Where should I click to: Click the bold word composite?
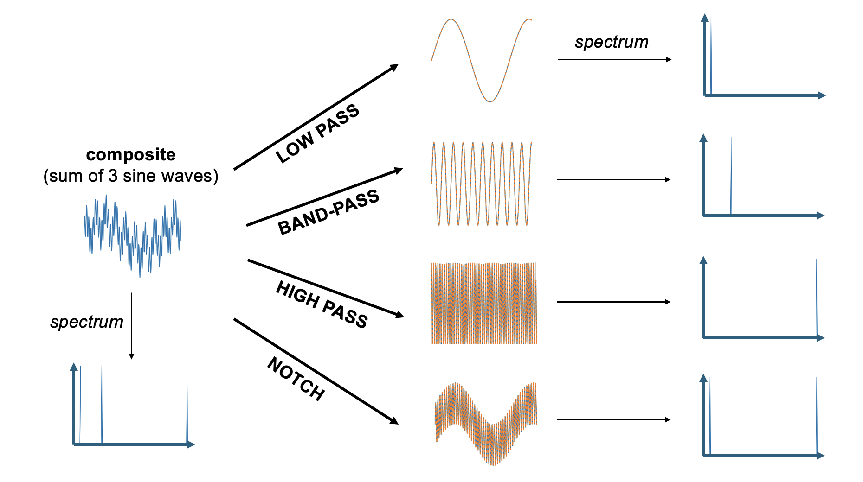pyautogui.click(x=131, y=155)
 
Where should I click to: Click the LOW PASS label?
pyautogui.click(x=317, y=133)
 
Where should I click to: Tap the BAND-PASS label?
pyautogui.click(x=328, y=212)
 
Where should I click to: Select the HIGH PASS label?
pyautogui.click(x=322, y=304)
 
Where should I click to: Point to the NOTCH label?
pyautogui.click(x=296, y=379)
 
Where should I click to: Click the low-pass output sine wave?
pyautogui.click(x=481, y=60)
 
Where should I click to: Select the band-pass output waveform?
pyautogui.click(x=481, y=184)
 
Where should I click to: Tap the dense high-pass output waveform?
pyautogui.click(x=484, y=304)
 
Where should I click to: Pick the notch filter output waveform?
pyautogui.click(x=486, y=423)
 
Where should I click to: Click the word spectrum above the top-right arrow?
pyautogui.click(x=611, y=42)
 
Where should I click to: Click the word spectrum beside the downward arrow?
pyautogui.click(x=87, y=322)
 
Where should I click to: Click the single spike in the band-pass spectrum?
pyautogui.click(x=731, y=176)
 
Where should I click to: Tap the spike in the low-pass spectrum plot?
pyautogui.click(x=711, y=56)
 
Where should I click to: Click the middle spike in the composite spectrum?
pyautogui.click(x=102, y=406)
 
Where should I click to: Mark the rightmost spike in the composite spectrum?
pyautogui.click(x=187, y=406)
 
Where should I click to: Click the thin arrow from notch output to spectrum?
pyautogui.click(x=613, y=419)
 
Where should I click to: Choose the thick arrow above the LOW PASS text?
pyautogui.click(x=316, y=117)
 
